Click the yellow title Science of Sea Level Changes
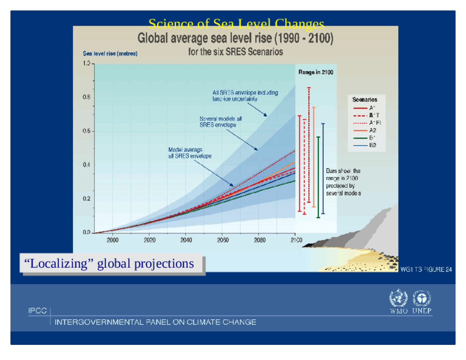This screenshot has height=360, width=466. pyautogui.click(x=236, y=24)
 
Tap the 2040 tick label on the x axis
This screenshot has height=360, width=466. pyautogui.click(x=186, y=240)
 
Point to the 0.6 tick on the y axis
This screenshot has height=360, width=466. pyautogui.click(x=86, y=131)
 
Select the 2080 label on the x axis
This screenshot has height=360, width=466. pyautogui.click(x=260, y=240)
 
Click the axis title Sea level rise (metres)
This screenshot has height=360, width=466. pyautogui.click(x=110, y=54)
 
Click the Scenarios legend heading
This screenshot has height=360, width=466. pyautogui.click(x=364, y=100)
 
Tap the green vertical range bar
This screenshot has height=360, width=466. pyautogui.click(x=318, y=177)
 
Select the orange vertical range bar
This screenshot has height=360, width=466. pyautogui.click(x=314, y=157)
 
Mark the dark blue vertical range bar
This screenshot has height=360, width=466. pyautogui.click(x=323, y=168)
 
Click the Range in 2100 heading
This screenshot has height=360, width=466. pyautogui.click(x=316, y=72)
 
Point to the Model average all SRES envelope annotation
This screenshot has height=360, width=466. pyautogui.click(x=190, y=153)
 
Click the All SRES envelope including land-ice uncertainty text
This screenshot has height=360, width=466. pyautogui.click(x=245, y=96)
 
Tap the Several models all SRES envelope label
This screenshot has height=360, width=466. pyautogui.click(x=220, y=122)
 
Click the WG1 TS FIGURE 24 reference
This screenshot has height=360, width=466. pyautogui.click(x=426, y=269)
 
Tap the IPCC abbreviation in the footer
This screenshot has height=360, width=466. pyautogui.click(x=37, y=311)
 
